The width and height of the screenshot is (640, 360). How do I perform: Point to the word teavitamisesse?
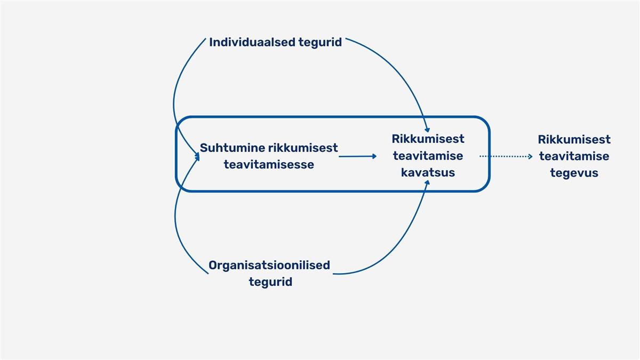(x=269, y=165)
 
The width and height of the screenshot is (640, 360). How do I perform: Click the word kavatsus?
(x=428, y=173)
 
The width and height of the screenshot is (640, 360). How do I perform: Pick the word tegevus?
(x=574, y=173)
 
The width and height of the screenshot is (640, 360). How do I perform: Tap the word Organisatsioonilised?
(x=269, y=265)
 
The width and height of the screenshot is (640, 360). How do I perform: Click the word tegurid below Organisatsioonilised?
(x=270, y=282)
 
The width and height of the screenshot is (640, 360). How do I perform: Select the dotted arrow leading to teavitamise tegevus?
(x=504, y=156)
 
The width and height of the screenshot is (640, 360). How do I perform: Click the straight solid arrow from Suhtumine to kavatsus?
(x=357, y=156)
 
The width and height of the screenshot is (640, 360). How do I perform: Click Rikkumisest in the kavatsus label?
(x=428, y=139)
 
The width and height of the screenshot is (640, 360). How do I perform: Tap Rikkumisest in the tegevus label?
(x=574, y=140)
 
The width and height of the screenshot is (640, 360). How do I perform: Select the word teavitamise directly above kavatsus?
(x=428, y=156)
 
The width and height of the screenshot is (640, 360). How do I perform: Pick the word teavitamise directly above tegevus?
(x=574, y=156)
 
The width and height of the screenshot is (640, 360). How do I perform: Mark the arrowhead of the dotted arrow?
(x=530, y=156)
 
